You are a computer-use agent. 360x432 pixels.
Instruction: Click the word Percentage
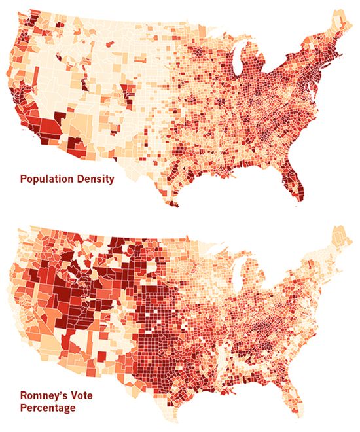[46, 408]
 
